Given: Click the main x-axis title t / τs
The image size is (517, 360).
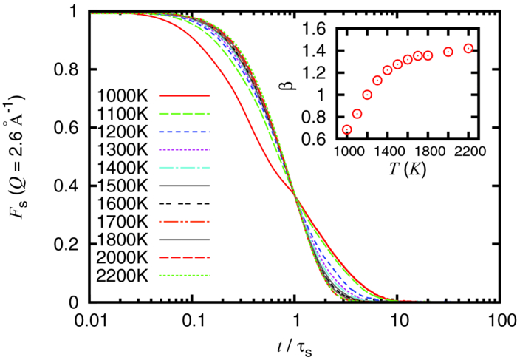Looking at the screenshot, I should coord(295,346).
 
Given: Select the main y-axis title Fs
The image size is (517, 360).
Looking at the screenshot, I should coord(23,155).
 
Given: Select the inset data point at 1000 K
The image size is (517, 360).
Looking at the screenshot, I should coord(347,129).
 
